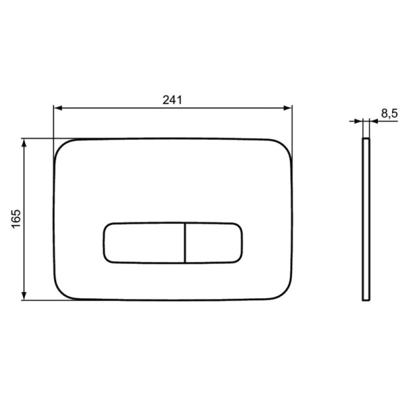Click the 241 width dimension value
point(172,99)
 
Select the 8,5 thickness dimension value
point(389,113)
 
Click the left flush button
point(144,243)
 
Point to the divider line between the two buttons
point(185,243)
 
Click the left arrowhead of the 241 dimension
point(58,108)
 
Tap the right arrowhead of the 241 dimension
point(288,108)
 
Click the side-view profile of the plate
point(366,219)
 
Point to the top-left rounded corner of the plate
point(60,145)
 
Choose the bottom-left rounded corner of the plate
point(60,293)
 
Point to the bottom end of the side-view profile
point(366,300)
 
